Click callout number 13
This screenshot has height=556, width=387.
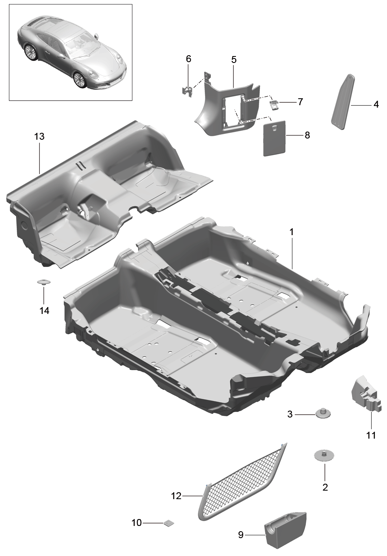tap(39, 136)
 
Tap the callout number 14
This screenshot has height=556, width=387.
tap(44, 310)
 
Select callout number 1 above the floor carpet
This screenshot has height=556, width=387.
tap(292, 232)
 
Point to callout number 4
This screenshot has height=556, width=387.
tap(376, 104)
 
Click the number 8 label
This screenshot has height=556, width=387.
tap(307, 135)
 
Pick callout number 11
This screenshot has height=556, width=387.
tap(371, 435)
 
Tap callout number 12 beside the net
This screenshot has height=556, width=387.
tap(176, 496)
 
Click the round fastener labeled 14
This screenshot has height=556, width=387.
tap(44, 282)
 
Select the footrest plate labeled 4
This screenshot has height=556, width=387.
tap(344, 102)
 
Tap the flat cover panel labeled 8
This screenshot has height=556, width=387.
tap(275, 138)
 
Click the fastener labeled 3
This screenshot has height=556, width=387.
tap(323, 414)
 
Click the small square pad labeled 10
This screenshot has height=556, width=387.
tap(169, 523)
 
